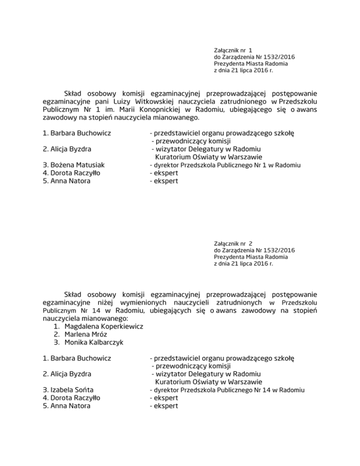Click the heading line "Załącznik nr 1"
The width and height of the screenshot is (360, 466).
[233, 49]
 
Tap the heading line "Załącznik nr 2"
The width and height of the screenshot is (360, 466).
[233, 243]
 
